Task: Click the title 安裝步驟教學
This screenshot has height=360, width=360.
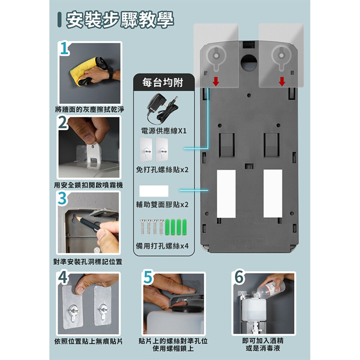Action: pyautogui.click(x=120, y=20)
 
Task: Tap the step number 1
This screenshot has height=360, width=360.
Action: pyautogui.click(x=64, y=49)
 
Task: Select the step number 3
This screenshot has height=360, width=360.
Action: pyautogui.click(x=62, y=198)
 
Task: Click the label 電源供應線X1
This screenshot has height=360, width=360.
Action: pyautogui.click(x=164, y=131)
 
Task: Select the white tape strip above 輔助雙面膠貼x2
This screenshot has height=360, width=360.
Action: pyautogui.click(x=154, y=191)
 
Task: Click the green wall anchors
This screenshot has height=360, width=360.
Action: pyautogui.click(x=176, y=227)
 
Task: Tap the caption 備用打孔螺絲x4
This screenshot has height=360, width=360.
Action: pyautogui.click(x=162, y=246)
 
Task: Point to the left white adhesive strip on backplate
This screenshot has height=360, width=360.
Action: pyautogui.click(x=226, y=194)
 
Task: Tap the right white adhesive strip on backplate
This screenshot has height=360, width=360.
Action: pyautogui.click(x=273, y=194)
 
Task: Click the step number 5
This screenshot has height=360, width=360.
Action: pyautogui.click(x=148, y=277)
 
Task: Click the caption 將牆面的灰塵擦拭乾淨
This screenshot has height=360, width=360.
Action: pyautogui.click(x=90, y=109)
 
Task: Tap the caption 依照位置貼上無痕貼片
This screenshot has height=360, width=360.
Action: pyautogui.click(x=89, y=341)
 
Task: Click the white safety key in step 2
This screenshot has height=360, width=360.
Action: pyautogui.click(x=94, y=156)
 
